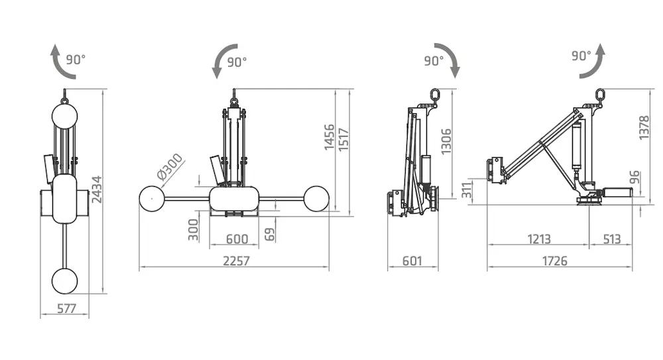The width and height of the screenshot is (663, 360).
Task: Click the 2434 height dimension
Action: click(x=97, y=190)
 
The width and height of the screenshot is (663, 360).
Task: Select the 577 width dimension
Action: click(x=66, y=308)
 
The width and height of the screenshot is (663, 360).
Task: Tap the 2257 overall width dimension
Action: click(x=236, y=261)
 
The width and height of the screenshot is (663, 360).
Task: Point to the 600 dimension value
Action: click(x=237, y=239)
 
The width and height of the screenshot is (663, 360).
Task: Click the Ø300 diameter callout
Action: click(x=170, y=166)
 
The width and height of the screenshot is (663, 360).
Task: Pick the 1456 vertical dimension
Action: click(x=330, y=137)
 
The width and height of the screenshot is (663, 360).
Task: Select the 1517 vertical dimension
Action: click(x=343, y=140)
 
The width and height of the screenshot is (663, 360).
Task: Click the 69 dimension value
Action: click(x=269, y=234)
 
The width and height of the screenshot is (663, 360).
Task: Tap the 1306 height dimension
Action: click(x=446, y=142)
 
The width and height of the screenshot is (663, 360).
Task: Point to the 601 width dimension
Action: click(x=412, y=261)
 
